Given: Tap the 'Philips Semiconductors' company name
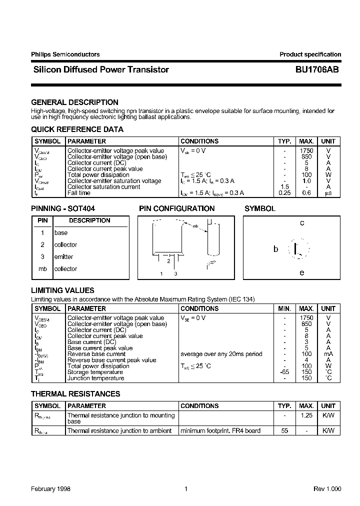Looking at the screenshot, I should point(65,54).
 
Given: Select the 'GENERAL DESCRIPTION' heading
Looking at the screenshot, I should point(74,102).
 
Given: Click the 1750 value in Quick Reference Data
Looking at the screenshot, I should point(306,150).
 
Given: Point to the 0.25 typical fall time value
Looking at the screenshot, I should point(284,193).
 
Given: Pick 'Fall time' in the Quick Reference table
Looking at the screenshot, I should point(79,193).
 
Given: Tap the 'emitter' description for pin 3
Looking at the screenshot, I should point(63,256).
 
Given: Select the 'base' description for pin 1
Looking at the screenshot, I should point(60,232).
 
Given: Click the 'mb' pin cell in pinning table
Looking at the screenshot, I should point(42,268).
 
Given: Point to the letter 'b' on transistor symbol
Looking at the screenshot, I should point(275,248).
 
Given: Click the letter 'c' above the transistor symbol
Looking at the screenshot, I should point(302,223).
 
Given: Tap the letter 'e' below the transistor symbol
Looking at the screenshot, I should point(301,272).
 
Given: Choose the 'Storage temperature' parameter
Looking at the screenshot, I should point(95,372).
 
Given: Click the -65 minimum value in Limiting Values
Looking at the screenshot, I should point(284,372).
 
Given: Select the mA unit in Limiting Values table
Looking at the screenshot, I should point(328,354).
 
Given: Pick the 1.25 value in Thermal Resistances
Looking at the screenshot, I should point(306,415).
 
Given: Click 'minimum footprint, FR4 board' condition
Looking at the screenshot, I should point(220,430).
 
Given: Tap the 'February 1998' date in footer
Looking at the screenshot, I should point(50,489).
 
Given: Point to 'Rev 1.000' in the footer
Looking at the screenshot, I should point(327,489).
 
